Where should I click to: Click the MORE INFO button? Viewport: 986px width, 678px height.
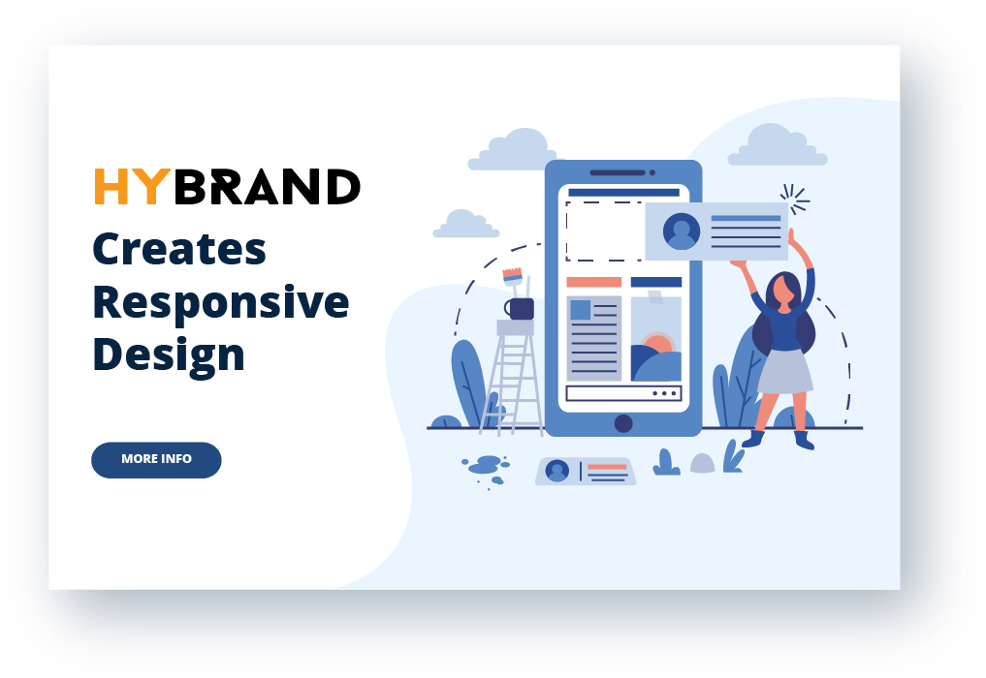point(156,459)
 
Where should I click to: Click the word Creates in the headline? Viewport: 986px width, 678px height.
point(179,250)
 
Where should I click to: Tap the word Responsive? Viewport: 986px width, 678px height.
point(221,304)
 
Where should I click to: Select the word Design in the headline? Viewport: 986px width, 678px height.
point(169,356)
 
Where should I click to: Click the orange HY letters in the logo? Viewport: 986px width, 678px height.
point(132,186)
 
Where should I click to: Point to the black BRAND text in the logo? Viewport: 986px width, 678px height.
point(268,186)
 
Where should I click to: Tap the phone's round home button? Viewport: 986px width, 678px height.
point(623,423)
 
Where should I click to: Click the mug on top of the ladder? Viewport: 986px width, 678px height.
point(520,309)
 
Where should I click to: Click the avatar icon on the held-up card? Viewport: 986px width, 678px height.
point(681,231)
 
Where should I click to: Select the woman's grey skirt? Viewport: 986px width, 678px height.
point(784,371)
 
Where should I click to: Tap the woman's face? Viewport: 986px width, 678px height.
point(783,292)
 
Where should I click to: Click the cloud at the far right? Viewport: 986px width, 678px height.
point(778,145)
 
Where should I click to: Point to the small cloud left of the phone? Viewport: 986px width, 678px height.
point(466,225)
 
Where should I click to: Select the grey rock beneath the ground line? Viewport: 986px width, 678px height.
point(702,463)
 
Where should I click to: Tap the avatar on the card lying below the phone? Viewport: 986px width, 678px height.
point(557,471)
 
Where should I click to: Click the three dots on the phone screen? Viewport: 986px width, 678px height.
point(665,394)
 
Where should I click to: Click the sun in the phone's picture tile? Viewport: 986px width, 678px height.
point(658,344)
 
